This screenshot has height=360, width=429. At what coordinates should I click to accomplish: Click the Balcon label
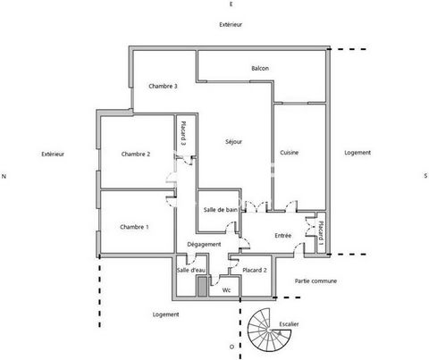[260, 69]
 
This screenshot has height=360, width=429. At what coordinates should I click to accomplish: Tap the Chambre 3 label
[163, 87]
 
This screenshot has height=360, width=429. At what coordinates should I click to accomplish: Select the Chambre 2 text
[136, 155]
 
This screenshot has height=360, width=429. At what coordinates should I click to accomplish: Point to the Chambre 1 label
[134, 227]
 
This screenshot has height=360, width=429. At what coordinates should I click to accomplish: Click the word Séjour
[234, 142]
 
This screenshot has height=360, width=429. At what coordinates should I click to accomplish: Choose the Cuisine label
[289, 153]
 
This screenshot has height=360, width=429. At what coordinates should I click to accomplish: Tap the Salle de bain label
[221, 210]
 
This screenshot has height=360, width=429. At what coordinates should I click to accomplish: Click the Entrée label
[283, 236]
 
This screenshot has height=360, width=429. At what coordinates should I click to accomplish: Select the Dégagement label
[204, 245]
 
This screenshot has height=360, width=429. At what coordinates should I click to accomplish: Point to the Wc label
[226, 290]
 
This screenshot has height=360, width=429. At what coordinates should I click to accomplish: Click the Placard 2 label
[255, 271]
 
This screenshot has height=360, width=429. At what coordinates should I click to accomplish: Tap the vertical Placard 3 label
[183, 133]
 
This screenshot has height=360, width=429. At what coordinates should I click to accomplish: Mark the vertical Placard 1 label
[321, 232]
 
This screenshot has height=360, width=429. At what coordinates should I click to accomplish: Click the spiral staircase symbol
[270, 330]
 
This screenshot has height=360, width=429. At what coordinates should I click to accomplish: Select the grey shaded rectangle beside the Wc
[202, 287]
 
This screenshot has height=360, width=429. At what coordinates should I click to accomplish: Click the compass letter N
[4, 177]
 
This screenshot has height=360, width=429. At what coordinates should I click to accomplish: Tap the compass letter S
[425, 176]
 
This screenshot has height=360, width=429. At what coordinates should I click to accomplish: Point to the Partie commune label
[315, 281]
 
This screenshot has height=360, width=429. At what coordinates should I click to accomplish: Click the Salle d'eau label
[191, 271]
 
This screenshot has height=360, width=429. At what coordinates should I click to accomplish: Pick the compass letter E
[231, 4]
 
